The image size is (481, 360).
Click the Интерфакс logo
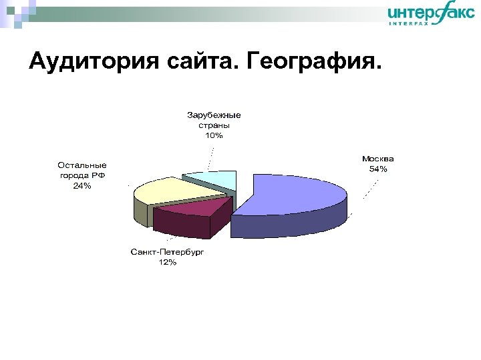coord(431,14)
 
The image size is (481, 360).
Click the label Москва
coord(377,159)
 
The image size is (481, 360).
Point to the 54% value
coord(377,169)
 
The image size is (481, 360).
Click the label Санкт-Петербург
coord(167,253)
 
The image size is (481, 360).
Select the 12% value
coord(167,263)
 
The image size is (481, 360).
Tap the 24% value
coord(82,186)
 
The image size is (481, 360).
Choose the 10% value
coord(214,135)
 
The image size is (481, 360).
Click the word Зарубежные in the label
coord(214,115)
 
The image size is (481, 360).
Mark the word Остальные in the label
coord(82,165)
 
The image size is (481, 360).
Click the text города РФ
coord(82,175)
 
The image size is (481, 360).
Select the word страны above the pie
coord(214,125)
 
